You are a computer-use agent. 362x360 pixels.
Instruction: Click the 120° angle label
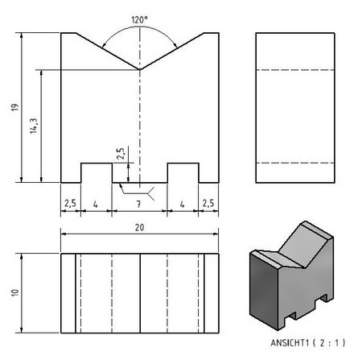(x=139, y=20)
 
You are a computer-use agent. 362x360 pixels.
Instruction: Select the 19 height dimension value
(x=15, y=107)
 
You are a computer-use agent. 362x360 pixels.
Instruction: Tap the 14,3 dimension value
(x=34, y=126)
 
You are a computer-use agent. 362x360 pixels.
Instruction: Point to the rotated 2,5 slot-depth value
(x=121, y=154)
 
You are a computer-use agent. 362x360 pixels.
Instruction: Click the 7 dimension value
(x=138, y=205)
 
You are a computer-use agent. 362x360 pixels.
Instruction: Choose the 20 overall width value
(x=139, y=228)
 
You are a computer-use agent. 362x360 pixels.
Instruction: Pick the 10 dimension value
(x=15, y=292)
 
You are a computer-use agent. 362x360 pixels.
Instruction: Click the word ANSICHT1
(x=290, y=343)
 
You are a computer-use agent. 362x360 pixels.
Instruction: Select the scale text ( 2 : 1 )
(x=329, y=343)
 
